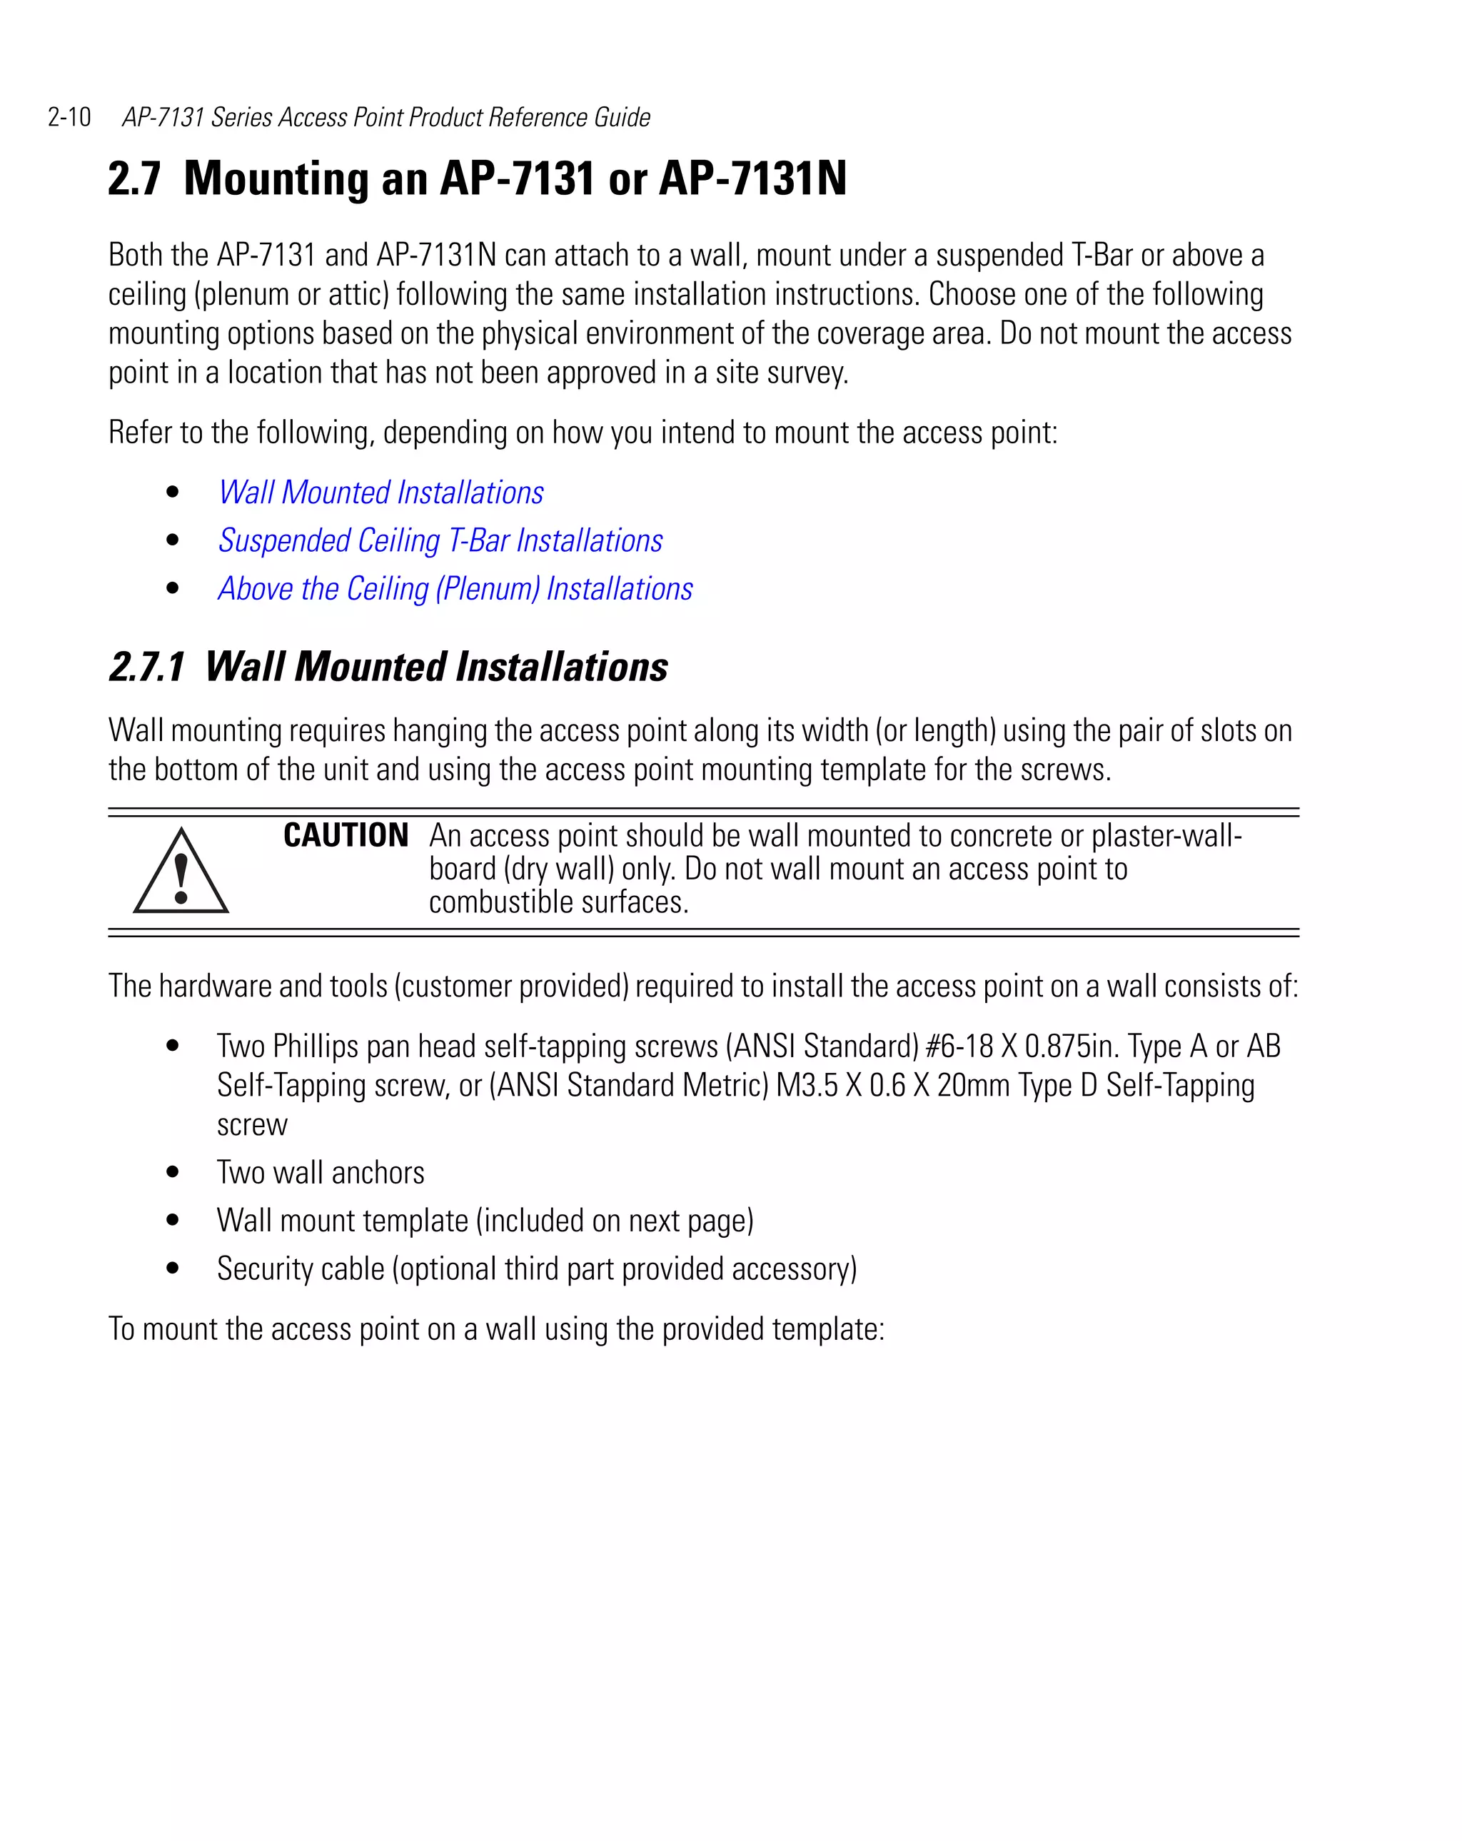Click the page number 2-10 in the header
pos(69,117)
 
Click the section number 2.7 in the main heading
pos(134,178)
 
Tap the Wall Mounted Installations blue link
pos(381,493)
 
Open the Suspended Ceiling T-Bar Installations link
pos(440,540)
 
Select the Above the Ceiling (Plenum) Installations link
pos(455,589)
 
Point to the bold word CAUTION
pos(346,835)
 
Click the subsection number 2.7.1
pos(147,667)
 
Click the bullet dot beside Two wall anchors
pos(173,1172)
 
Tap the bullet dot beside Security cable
pos(173,1268)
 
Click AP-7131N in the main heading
pos(752,178)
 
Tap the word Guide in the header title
pos(622,117)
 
